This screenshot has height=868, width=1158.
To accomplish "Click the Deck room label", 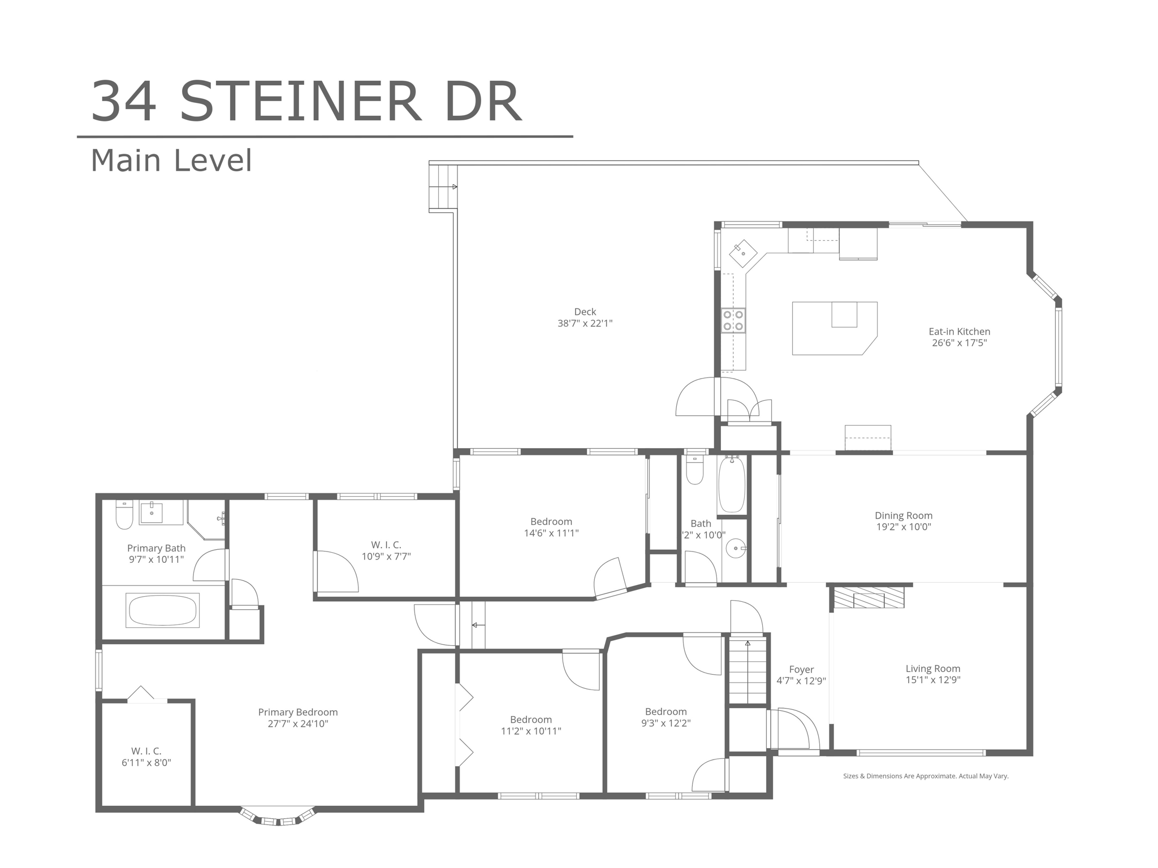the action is [x=585, y=312].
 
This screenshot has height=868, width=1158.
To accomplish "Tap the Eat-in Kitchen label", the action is [x=960, y=332].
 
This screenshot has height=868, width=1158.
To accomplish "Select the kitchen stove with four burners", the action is [x=733, y=320].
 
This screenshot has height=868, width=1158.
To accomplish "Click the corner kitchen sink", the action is [x=743, y=254].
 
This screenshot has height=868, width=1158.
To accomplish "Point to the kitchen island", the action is [x=835, y=328].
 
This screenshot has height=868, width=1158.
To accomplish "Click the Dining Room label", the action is [x=904, y=515].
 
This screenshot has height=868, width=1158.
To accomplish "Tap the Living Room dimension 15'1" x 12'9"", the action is [x=933, y=680].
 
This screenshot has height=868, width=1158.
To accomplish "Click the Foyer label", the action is [x=801, y=670].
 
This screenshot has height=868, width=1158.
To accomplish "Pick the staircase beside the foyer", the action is [x=748, y=672].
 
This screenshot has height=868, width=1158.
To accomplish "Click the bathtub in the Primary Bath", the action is [x=162, y=610].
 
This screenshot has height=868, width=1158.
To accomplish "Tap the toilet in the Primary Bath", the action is [x=124, y=514].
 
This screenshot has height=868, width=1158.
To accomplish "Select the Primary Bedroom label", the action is [x=298, y=713].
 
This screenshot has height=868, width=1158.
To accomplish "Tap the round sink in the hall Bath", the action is [x=736, y=548].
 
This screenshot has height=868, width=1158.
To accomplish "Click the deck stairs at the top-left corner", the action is [x=442, y=186].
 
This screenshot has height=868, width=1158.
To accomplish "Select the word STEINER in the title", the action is [x=301, y=102].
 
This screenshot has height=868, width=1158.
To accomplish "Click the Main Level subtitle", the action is [x=171, y=160].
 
